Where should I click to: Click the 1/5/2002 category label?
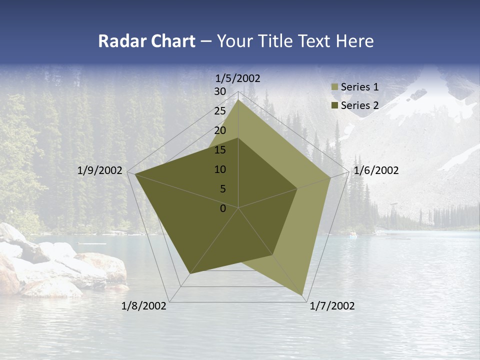pyautogui.click(x=238, y=78)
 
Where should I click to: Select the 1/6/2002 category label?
pyautogui.click(x=376, y=170)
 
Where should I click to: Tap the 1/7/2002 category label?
pyautogui.click(x=332, y=306)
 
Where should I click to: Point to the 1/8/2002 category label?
pyautogui.click(x=144, y=306)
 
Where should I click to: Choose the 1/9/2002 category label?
pyautogui.click(x=100, y=170)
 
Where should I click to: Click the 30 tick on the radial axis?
pyautogui.click(x=220, y=91)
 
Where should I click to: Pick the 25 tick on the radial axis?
pyautogui.click(x=220, y=111)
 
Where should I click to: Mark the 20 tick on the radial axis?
pyautogui.click(x=220, y=130)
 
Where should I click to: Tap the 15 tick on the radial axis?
pyautogui.click(x=220, y=150)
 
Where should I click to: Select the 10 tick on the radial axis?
pyautogui.click(x=220, y=169)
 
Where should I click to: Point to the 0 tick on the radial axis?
pyautogui.click(x=223, y=208)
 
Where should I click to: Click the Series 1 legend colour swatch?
pyautogui.click(x=334, y=87)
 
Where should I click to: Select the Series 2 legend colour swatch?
pyautogui.click(x=334, y=105)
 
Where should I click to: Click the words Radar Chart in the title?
pyautogui.click(x=146, y=41)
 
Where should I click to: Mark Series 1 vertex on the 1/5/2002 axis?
pyautogui.click(x=238, y=100)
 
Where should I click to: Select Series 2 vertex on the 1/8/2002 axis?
pyautogui.click(x=190, y=273)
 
